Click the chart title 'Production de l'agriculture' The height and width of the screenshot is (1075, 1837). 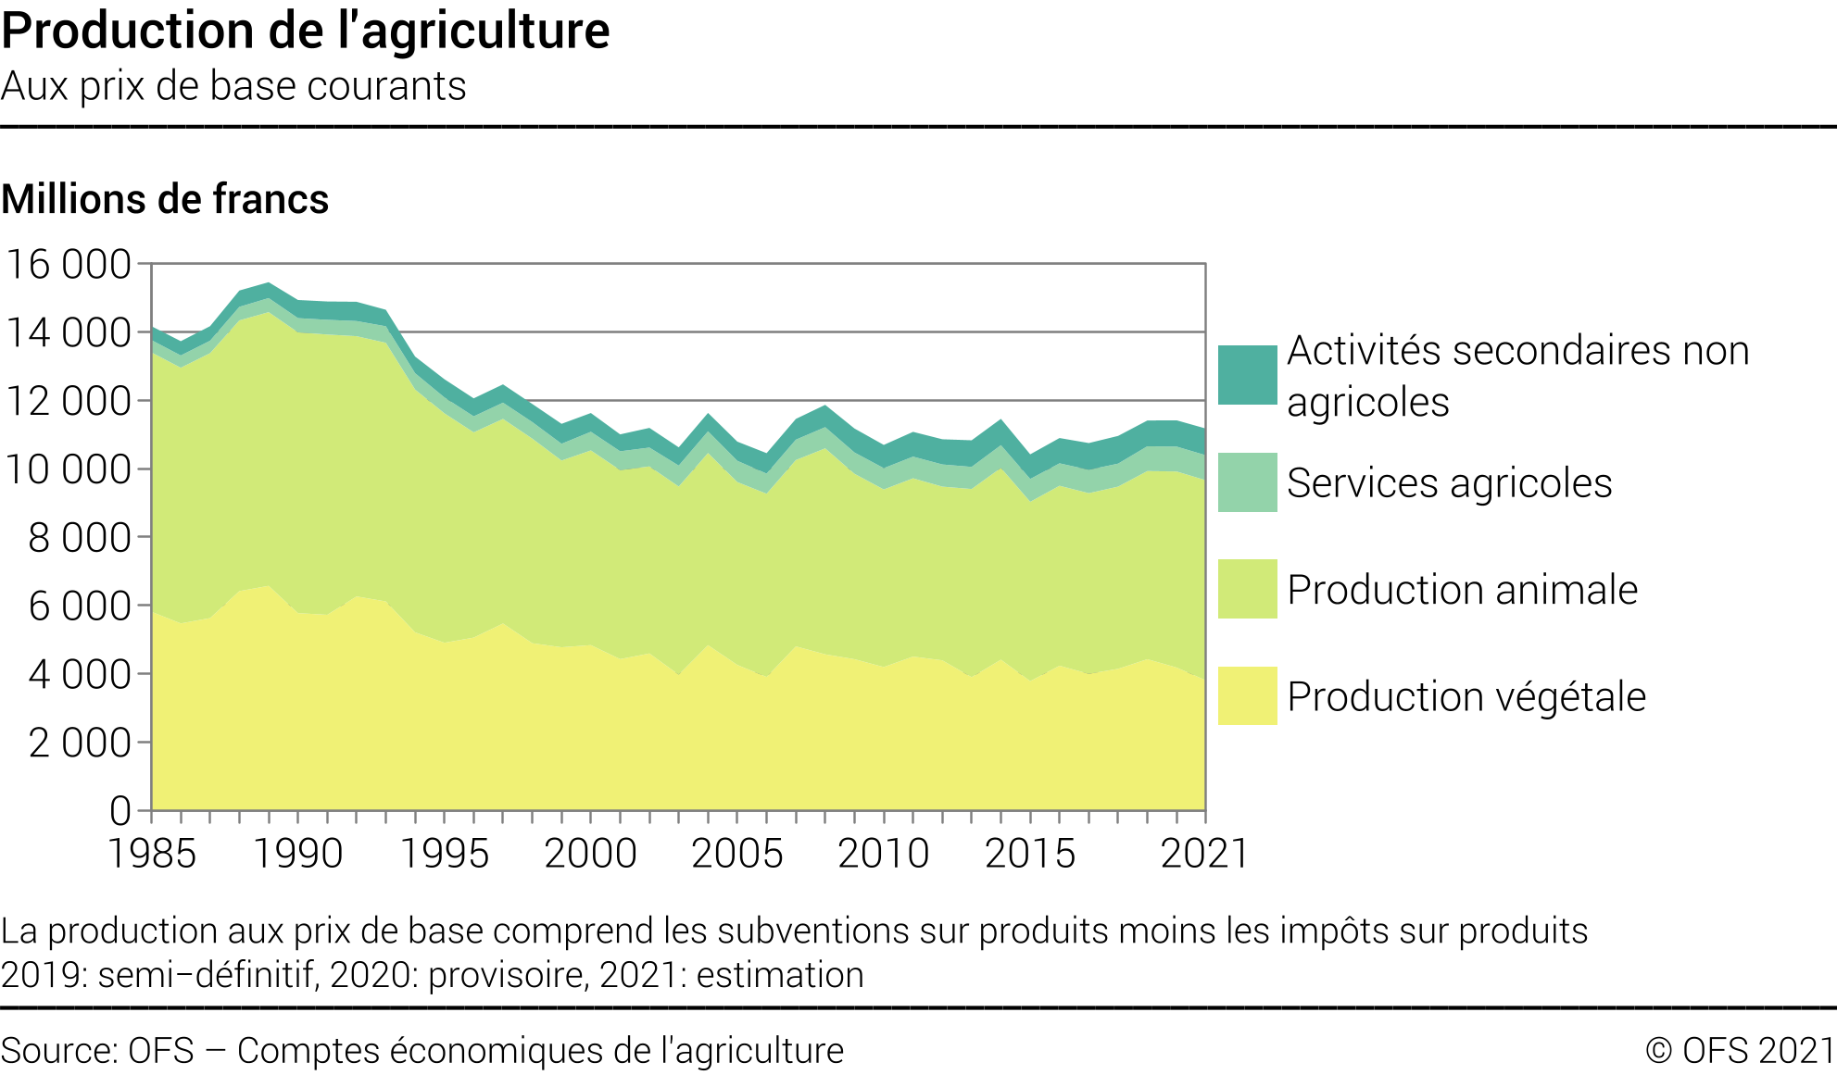click(x=306, y=31)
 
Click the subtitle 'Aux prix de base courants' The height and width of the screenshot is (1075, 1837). click(x=233, y=86)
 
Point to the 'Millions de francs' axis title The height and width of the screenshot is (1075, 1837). click(x=165, y=199)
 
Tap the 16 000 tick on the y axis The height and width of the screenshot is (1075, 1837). click(x=69, y=265)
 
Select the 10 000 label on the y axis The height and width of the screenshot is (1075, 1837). click(x=69, y=469)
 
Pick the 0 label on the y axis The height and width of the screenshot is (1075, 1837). click(x=120, y=811)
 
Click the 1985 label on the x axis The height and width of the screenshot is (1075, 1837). click(x=152, y=854)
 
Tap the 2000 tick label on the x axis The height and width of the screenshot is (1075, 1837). click(x=590, y=854)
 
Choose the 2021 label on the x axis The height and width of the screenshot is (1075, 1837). click(x=1204, y=854)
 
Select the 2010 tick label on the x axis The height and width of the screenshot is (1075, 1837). click(x=883, y=854)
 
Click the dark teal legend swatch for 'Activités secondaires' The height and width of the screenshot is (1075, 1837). click(x=1247, y=375)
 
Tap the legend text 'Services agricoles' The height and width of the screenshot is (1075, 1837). click(x=1449, y=483)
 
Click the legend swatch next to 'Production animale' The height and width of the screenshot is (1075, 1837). click(x=1247, y=589)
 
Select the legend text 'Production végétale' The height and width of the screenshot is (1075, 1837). click(x=1466, y=697)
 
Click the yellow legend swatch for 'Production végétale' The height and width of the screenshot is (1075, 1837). click(x=1247, y=695)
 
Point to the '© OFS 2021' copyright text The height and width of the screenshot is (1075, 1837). click(x=1740, y=1051)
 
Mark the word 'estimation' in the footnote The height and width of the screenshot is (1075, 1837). click(x=780, y=976)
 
